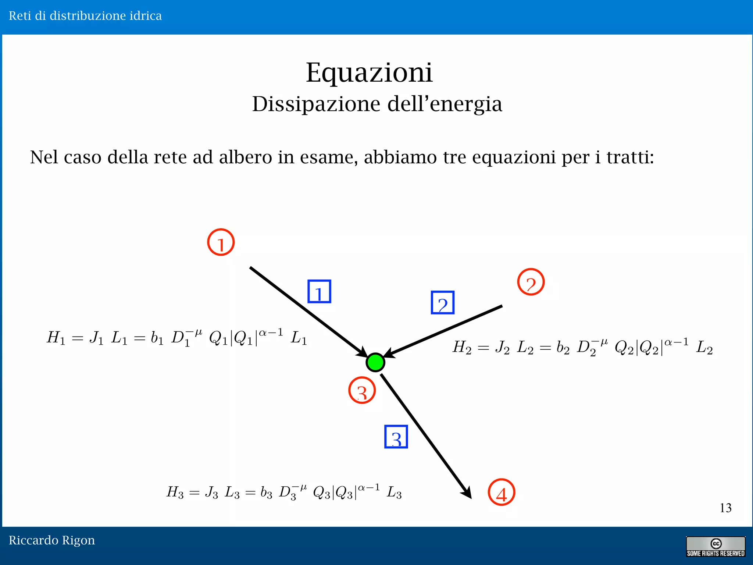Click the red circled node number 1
[x=221, y=242]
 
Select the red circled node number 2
[x=531, y=282]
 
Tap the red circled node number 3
[x=362, y=390]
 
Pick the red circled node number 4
[x=501, y=492]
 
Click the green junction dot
[x=375, y=362]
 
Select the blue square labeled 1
[x=319, y=291]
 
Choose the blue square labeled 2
[x=442, y=302]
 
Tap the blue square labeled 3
[x=396, y=437]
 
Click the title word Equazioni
[x=369, y=72]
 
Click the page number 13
[x=725, y=508]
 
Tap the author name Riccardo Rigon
[x=52, y=540]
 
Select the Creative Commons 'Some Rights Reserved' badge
[x=715, y=547]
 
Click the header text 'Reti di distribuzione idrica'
[x=85, y=16]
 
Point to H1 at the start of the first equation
[x=56, y=337]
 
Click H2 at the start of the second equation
[x=462, y=347]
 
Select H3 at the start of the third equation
[x=175, y=492]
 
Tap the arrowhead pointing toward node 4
[x=467, y=493]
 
